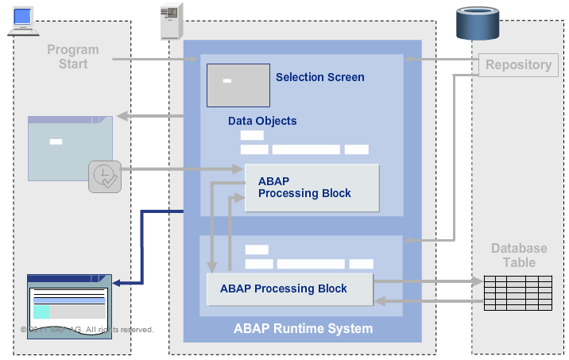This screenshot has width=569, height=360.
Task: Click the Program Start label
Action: pos(73,56)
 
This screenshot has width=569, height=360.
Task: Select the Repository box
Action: pos(518,65)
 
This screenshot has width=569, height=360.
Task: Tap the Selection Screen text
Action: pos(319,77)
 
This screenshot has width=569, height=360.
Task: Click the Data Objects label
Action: pos(262,121)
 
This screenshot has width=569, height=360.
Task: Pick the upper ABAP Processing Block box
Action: pos(312,188)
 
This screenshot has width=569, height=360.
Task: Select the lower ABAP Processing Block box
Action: pos(289,288)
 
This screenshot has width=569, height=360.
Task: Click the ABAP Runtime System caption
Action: pos(303,328)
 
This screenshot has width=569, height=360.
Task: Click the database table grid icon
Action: pos(517,292)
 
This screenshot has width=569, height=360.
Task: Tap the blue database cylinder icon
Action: pos(477,23)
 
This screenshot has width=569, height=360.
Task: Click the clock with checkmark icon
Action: pos(104,176)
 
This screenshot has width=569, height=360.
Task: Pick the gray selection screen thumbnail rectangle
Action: pos(238,84)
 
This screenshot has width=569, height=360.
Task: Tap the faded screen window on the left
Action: pos(70,148)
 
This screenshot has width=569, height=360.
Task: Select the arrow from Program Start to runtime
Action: pos(151,59)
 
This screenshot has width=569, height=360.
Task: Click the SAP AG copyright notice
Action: pos(87,329)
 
